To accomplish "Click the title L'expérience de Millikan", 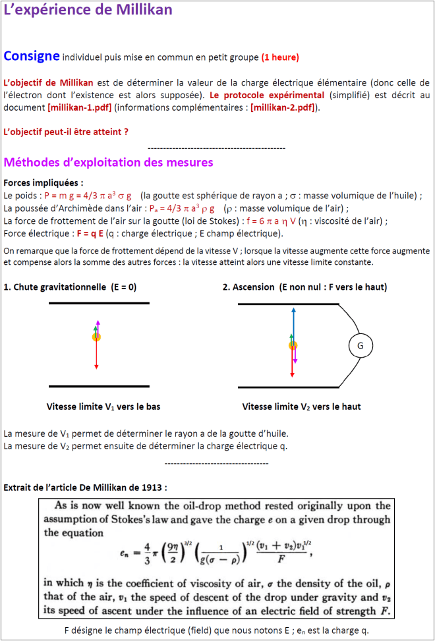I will (x=88, y=10).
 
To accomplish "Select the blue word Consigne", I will (x=32, y=56).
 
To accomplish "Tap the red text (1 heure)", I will (x=280, y=57).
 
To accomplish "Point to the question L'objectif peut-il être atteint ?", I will (x=66, y=132).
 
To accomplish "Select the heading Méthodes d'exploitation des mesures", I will (x=108, y=162).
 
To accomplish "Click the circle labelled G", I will (x=360, y=346).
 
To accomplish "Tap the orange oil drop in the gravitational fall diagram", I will (x=96, y=337).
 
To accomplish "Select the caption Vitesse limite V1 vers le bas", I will (x=103, y=406).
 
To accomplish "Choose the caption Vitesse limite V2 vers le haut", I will (x=301, y=406).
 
